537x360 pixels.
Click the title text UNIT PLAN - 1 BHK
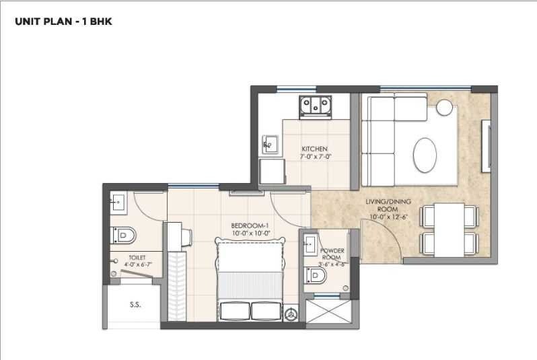tap(63, 22)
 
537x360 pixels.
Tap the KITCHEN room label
tap(314, 149)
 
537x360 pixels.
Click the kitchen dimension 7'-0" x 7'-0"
tap(316, 157)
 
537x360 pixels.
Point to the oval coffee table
tap(425, 154)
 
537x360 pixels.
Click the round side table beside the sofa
tap(445, 107)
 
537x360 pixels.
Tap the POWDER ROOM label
tap(332, 254)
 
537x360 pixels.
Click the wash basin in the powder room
tap(312, 242)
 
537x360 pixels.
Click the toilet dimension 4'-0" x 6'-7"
tap(139, 265)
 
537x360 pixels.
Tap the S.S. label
tap(135, 304)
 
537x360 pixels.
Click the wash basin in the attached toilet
tap(118, 201)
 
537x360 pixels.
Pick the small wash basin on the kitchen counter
tap(270, 143)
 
